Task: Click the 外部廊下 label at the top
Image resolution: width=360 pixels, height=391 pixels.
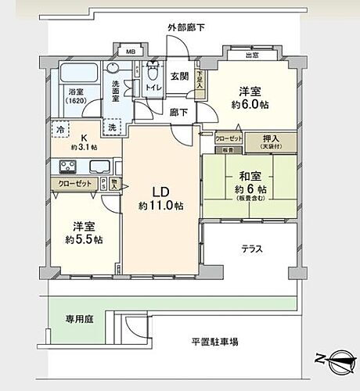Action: (x=186, y=27)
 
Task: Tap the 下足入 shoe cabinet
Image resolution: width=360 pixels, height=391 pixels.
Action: (x=201, y=82)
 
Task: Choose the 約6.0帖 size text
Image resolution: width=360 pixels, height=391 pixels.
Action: (x=250, y=104)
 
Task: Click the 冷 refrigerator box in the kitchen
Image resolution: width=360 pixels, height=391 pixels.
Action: (x=59, y=128)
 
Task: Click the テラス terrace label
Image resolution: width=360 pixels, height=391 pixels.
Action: (x=250, y=249)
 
